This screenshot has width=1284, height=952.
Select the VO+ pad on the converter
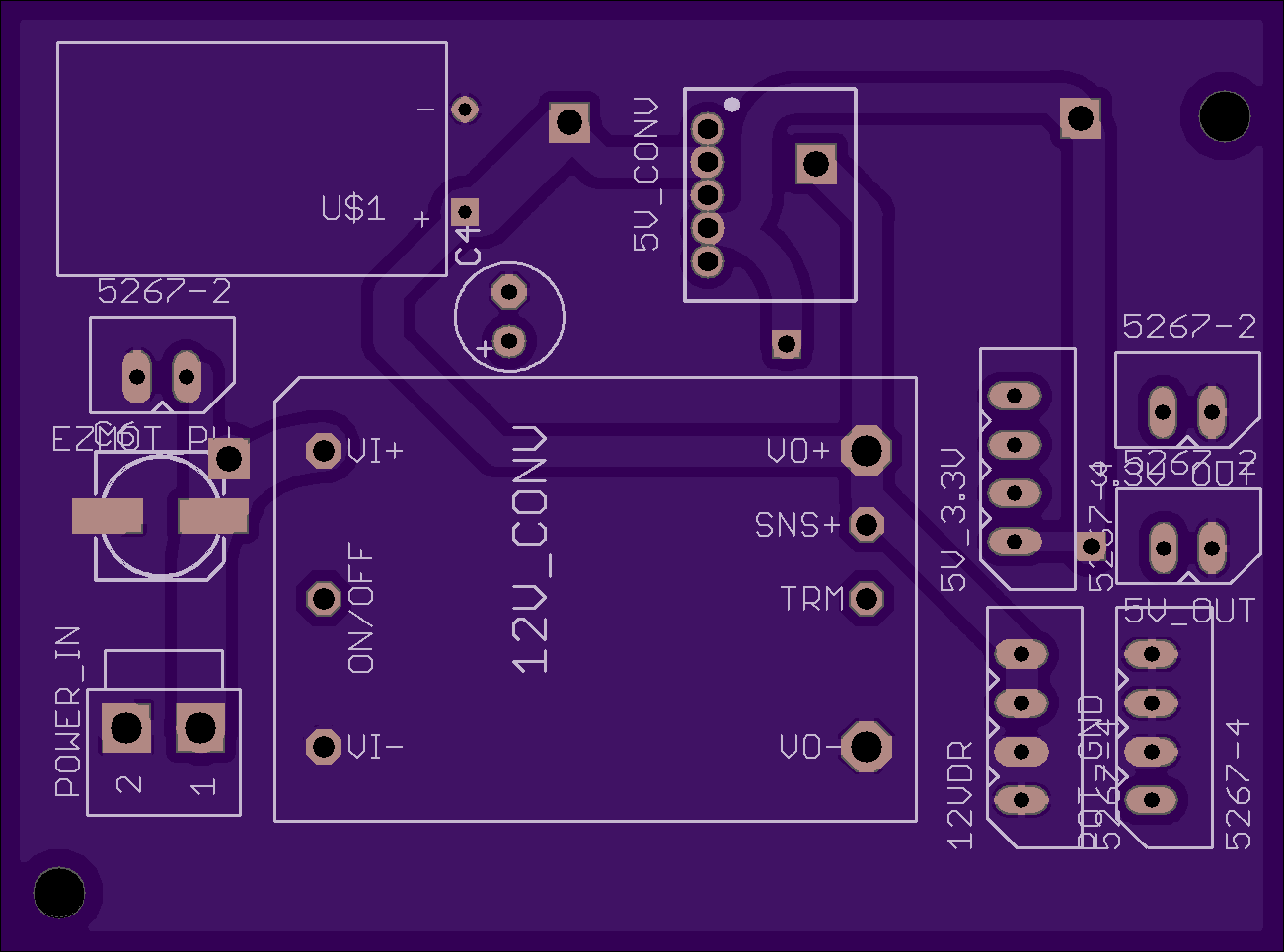click(x=866, y=451)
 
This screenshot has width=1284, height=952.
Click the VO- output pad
click(x=866, y=747)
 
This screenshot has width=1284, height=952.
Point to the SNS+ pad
click(x=867, y=524)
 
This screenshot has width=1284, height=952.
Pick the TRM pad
click(x=867, y=598)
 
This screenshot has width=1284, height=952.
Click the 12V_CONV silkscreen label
click(x=531, y=549)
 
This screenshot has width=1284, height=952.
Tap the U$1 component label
click(x=352, y=208)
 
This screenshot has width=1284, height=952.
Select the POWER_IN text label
click(x=67, y=711)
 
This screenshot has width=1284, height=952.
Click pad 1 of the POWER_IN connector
click(x=199, y=729)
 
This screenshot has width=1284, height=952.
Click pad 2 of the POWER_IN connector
click(x=126, y=729)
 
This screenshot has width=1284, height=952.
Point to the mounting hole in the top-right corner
click(x=1224, y=116)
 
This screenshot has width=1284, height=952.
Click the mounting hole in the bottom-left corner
click(x=59, y=893)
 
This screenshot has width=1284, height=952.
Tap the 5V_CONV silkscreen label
click(x=645, y=175)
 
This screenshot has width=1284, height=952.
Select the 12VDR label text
click(x=959, y=795)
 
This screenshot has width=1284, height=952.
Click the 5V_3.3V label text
click(x=952, y=520)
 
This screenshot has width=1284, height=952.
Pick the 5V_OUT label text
click(x=1189, y=612)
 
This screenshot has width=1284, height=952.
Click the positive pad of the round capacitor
click(x=508, y=341)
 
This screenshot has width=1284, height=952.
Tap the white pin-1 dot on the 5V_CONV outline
click(x=732, y=104)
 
